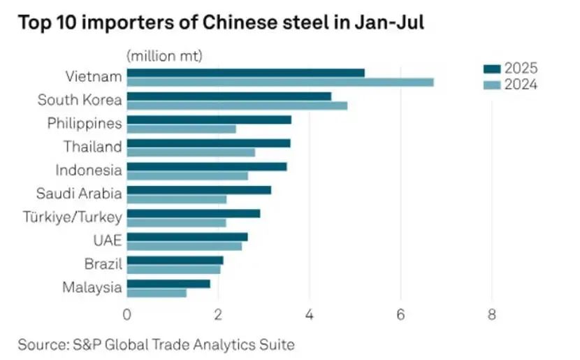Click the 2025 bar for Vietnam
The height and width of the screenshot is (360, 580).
click(x=245, y=73)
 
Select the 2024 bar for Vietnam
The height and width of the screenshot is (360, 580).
click(x=280, y=82)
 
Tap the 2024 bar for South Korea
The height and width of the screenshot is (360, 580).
click(x=237, y=106)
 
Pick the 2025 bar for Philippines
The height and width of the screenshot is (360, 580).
click(x=209, y=120)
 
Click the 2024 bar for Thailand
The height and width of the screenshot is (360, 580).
click(x=191, y=152)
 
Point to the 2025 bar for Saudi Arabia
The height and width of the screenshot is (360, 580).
click(x=198, y=189)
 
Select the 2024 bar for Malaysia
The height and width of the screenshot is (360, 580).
click(x=157, y=293)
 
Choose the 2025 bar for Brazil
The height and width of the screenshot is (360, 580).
click(x=175, y=260)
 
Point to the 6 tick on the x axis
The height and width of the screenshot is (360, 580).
click(x=400, y=315)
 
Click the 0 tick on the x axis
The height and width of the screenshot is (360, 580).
click(x=127, y=315)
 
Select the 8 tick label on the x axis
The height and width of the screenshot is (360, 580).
click(x=491, y=315)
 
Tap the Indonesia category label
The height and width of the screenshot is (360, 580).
click(x=88, y=170)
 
